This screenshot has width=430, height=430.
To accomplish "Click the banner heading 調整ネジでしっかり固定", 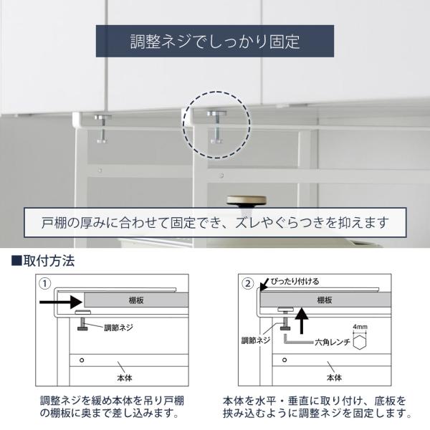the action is pos(215,42).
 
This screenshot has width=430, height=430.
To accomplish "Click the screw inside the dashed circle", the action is pos(216,127).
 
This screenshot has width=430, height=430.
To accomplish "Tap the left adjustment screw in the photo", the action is pos(102,128).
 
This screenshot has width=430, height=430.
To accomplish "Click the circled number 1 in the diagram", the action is pos(45,284).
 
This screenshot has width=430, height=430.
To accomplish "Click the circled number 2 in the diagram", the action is pos(248,284).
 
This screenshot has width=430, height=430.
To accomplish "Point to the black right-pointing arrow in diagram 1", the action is pos(61,302).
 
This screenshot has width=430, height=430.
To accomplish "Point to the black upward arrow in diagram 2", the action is pos(302,321).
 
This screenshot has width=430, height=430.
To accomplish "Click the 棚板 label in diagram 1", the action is pos(136,300).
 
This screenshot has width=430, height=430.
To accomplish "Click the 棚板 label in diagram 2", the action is pos(325,300).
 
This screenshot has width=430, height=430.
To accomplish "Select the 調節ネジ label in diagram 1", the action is pos(119,328).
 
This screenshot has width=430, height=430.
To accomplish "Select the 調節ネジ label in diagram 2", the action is pos(256,340).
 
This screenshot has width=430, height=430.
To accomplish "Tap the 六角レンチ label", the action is pos(333,342).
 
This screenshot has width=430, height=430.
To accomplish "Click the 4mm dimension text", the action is pos(360,327).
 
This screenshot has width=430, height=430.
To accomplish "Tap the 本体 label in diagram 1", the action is pos(125,378).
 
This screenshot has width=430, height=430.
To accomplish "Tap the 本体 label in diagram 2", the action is pos(334,378).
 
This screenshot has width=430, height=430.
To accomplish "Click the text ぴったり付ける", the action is pos(295,282).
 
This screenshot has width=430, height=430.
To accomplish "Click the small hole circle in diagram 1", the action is pos(82,360).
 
